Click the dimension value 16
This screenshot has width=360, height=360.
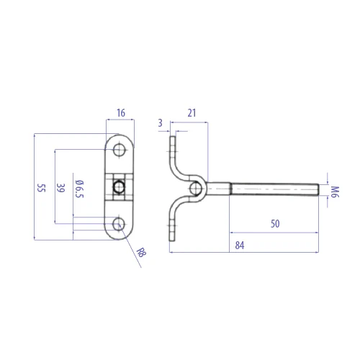tap(121, 113)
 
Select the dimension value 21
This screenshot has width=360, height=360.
tap(192, 113)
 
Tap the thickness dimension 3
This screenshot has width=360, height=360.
tap(161, 123)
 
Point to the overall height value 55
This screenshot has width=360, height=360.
tap(41, 188)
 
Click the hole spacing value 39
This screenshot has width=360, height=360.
tap(60, 188)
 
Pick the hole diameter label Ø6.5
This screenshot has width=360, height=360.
tap(79, 189)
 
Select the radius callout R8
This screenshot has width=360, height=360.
tap(141, 253)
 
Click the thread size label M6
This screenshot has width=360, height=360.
tap(335, 192)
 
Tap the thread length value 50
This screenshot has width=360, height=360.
tap(275, 224)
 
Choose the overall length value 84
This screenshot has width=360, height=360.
tap(240, 246)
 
